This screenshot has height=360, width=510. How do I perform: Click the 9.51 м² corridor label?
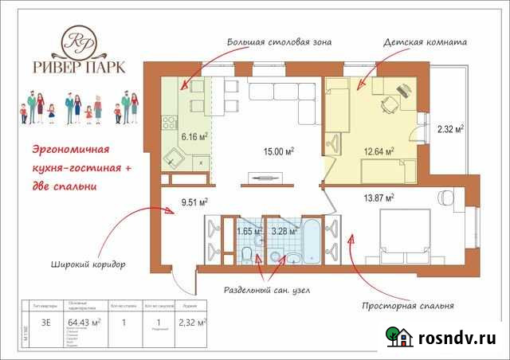point(195,202)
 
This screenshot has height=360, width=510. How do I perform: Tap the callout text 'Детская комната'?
point(425,41)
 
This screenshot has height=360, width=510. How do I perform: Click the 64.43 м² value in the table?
point(84,322)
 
